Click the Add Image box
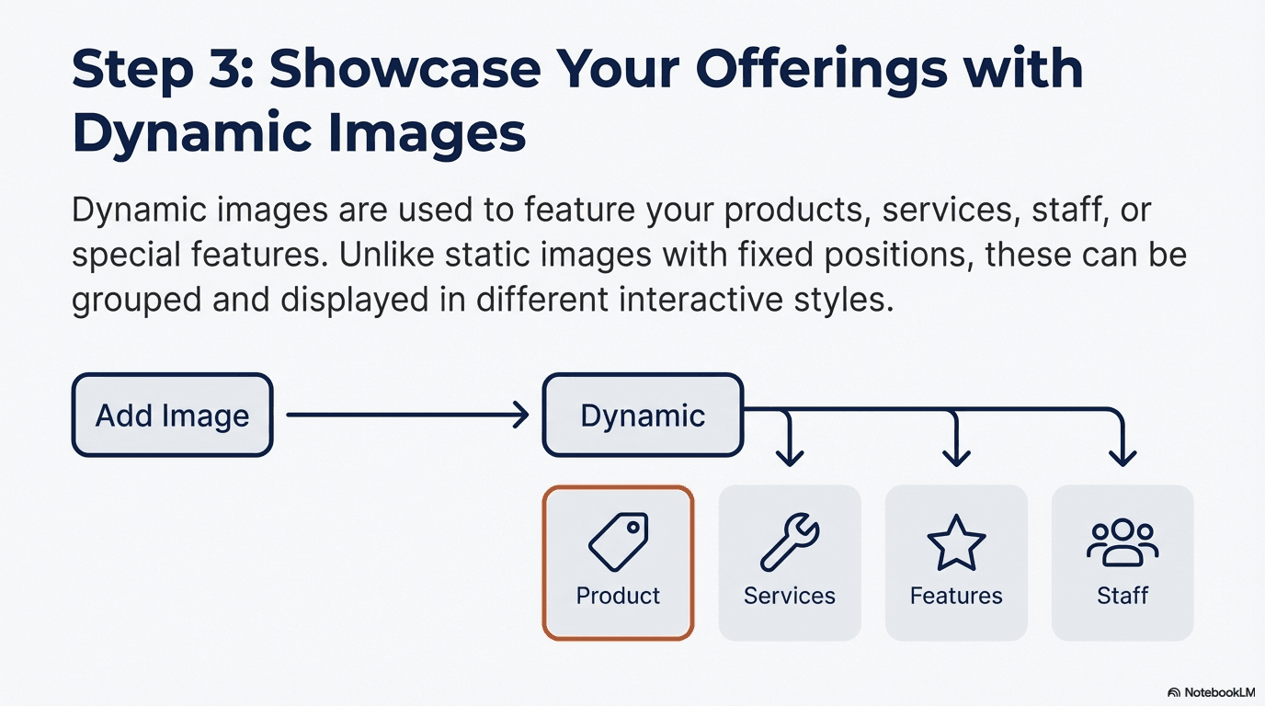pos(172,415)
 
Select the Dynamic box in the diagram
pos(643,415)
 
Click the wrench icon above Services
pos(790,543)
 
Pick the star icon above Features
pos(956,543)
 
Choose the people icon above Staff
pos(1123,543)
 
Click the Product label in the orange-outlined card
pos(618,596)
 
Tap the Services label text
pos(790,596)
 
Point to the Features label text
pos(956,596)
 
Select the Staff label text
pos(1123,596)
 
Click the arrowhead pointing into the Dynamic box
pos(522,416)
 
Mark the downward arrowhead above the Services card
pos(790,455)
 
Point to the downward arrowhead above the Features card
pos(957,455)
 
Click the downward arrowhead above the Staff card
pos(1123,455)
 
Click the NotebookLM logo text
pos(1218,692)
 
